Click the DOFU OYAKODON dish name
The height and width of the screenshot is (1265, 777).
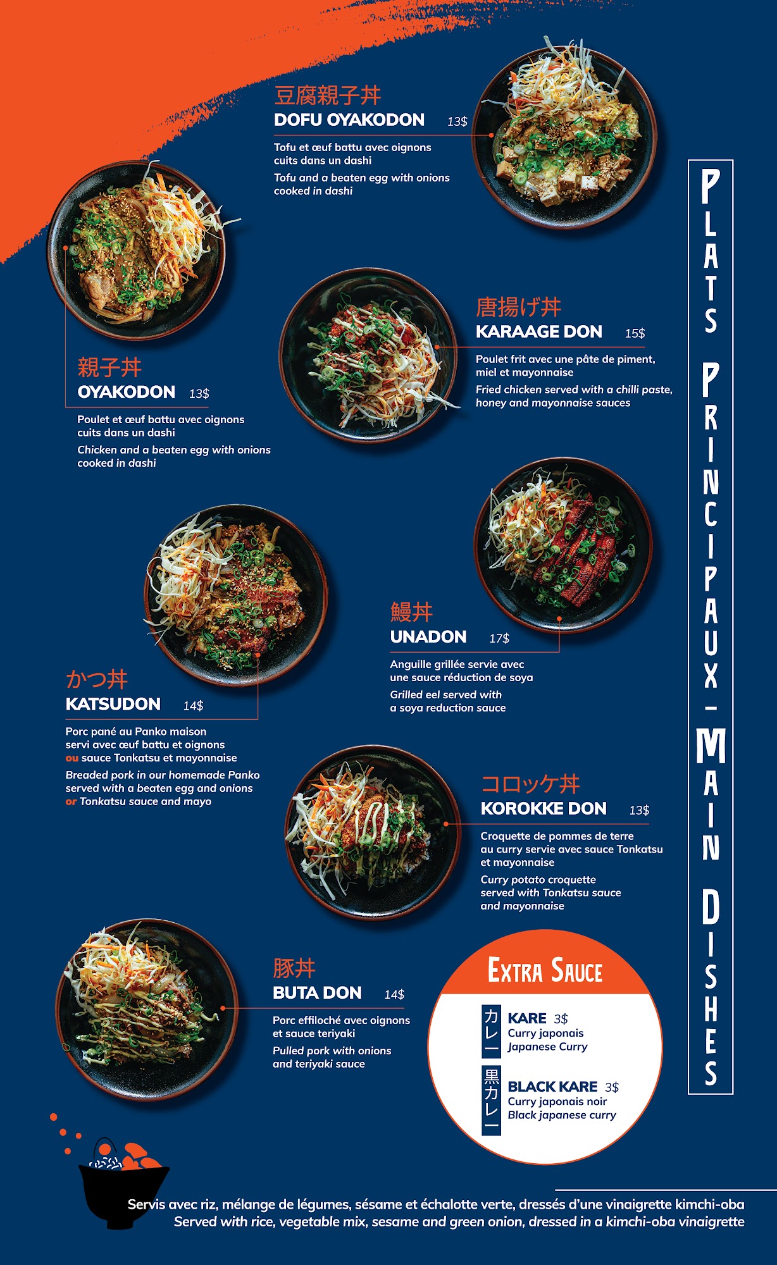tap(349, 120)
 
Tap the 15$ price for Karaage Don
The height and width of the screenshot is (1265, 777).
tap(635, 333)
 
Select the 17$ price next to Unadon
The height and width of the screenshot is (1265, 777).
tap(499, 639)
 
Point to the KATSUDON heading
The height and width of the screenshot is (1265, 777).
tap(113, 704)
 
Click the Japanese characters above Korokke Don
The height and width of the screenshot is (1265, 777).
tap(530, 784)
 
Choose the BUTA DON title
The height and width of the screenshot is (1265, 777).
tap(317, 993)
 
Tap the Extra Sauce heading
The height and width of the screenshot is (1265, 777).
tap(545, 970)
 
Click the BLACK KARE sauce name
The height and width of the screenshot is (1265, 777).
tap(552, 1087)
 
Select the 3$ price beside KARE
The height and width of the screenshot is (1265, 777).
tap(561, 1019)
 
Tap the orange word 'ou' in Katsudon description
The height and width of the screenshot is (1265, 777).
tap(72, 758)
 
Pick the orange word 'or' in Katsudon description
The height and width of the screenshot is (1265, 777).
tap(71, 801)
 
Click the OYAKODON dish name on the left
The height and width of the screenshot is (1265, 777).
tap(127, 392)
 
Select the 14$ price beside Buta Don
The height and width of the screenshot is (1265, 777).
tap(394, 995)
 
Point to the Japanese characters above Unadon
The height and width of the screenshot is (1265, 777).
tap(411, 612)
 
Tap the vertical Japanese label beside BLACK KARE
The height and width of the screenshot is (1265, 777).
tap(492, 1101)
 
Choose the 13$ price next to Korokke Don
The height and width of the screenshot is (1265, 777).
tap(639, 810)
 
